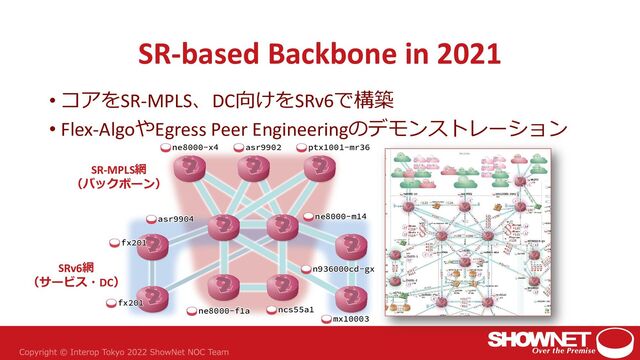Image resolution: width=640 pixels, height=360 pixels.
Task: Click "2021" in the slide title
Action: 467,52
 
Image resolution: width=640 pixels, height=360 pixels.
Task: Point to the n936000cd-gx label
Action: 342,269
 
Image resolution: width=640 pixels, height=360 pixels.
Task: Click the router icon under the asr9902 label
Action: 254,171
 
